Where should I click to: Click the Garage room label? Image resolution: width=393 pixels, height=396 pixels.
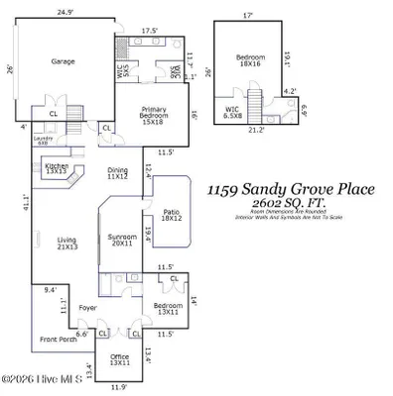point(64,60)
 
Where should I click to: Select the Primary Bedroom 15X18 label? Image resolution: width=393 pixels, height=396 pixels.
point(153,112)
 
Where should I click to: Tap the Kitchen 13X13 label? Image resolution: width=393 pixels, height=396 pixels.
point(57,168)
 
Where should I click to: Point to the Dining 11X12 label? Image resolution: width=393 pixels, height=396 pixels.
point(118,173)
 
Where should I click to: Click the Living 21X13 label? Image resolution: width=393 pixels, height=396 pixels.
point(66,243)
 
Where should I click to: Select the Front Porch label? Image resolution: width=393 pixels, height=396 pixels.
point(58,340)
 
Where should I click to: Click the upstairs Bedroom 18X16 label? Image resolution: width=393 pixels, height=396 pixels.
point(249,61)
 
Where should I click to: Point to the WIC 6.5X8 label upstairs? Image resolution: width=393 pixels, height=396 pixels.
point(233,113)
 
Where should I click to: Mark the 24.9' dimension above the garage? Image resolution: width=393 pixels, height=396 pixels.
point(65,13)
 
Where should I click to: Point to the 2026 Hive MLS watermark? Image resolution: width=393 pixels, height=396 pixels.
point(46,378)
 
